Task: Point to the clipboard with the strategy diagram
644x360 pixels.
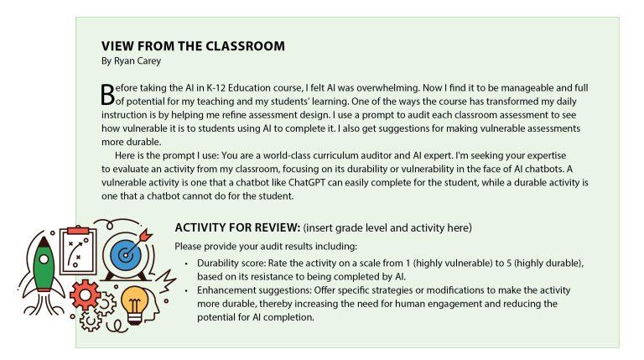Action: point(79,243)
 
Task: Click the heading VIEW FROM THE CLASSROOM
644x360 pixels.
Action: point(193,46)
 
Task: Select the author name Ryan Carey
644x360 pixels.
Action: point(132,60)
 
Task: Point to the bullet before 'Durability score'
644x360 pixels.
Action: point(186,263)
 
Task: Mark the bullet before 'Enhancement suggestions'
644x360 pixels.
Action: point(186,290)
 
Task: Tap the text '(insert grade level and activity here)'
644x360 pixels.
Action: point(387,228)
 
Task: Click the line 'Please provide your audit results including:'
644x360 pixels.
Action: point(266,246)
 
